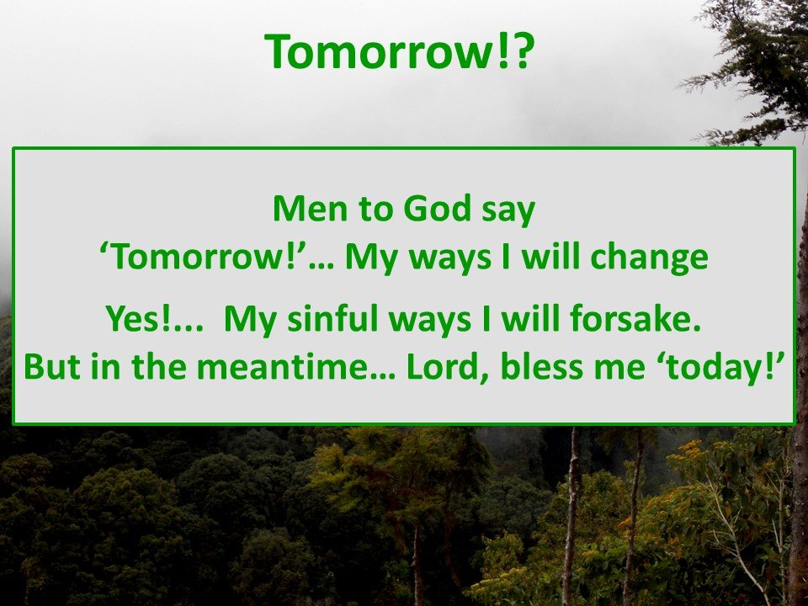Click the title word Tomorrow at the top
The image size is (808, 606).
[380, 51]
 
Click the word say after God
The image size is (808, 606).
[508, 211]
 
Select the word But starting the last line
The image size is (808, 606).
[51, 366]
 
